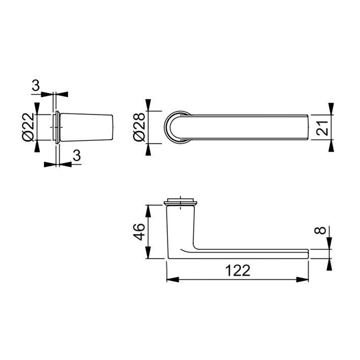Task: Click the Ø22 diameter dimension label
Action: (28, 127)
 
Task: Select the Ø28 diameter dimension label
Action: (139, 127)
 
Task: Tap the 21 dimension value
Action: (322, 128)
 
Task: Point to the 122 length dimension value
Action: (238, 270)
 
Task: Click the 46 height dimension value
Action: (139, 232)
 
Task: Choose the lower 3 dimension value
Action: (77, 155)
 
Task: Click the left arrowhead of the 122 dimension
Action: (173, 279)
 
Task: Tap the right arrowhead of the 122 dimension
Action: (302, 279)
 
